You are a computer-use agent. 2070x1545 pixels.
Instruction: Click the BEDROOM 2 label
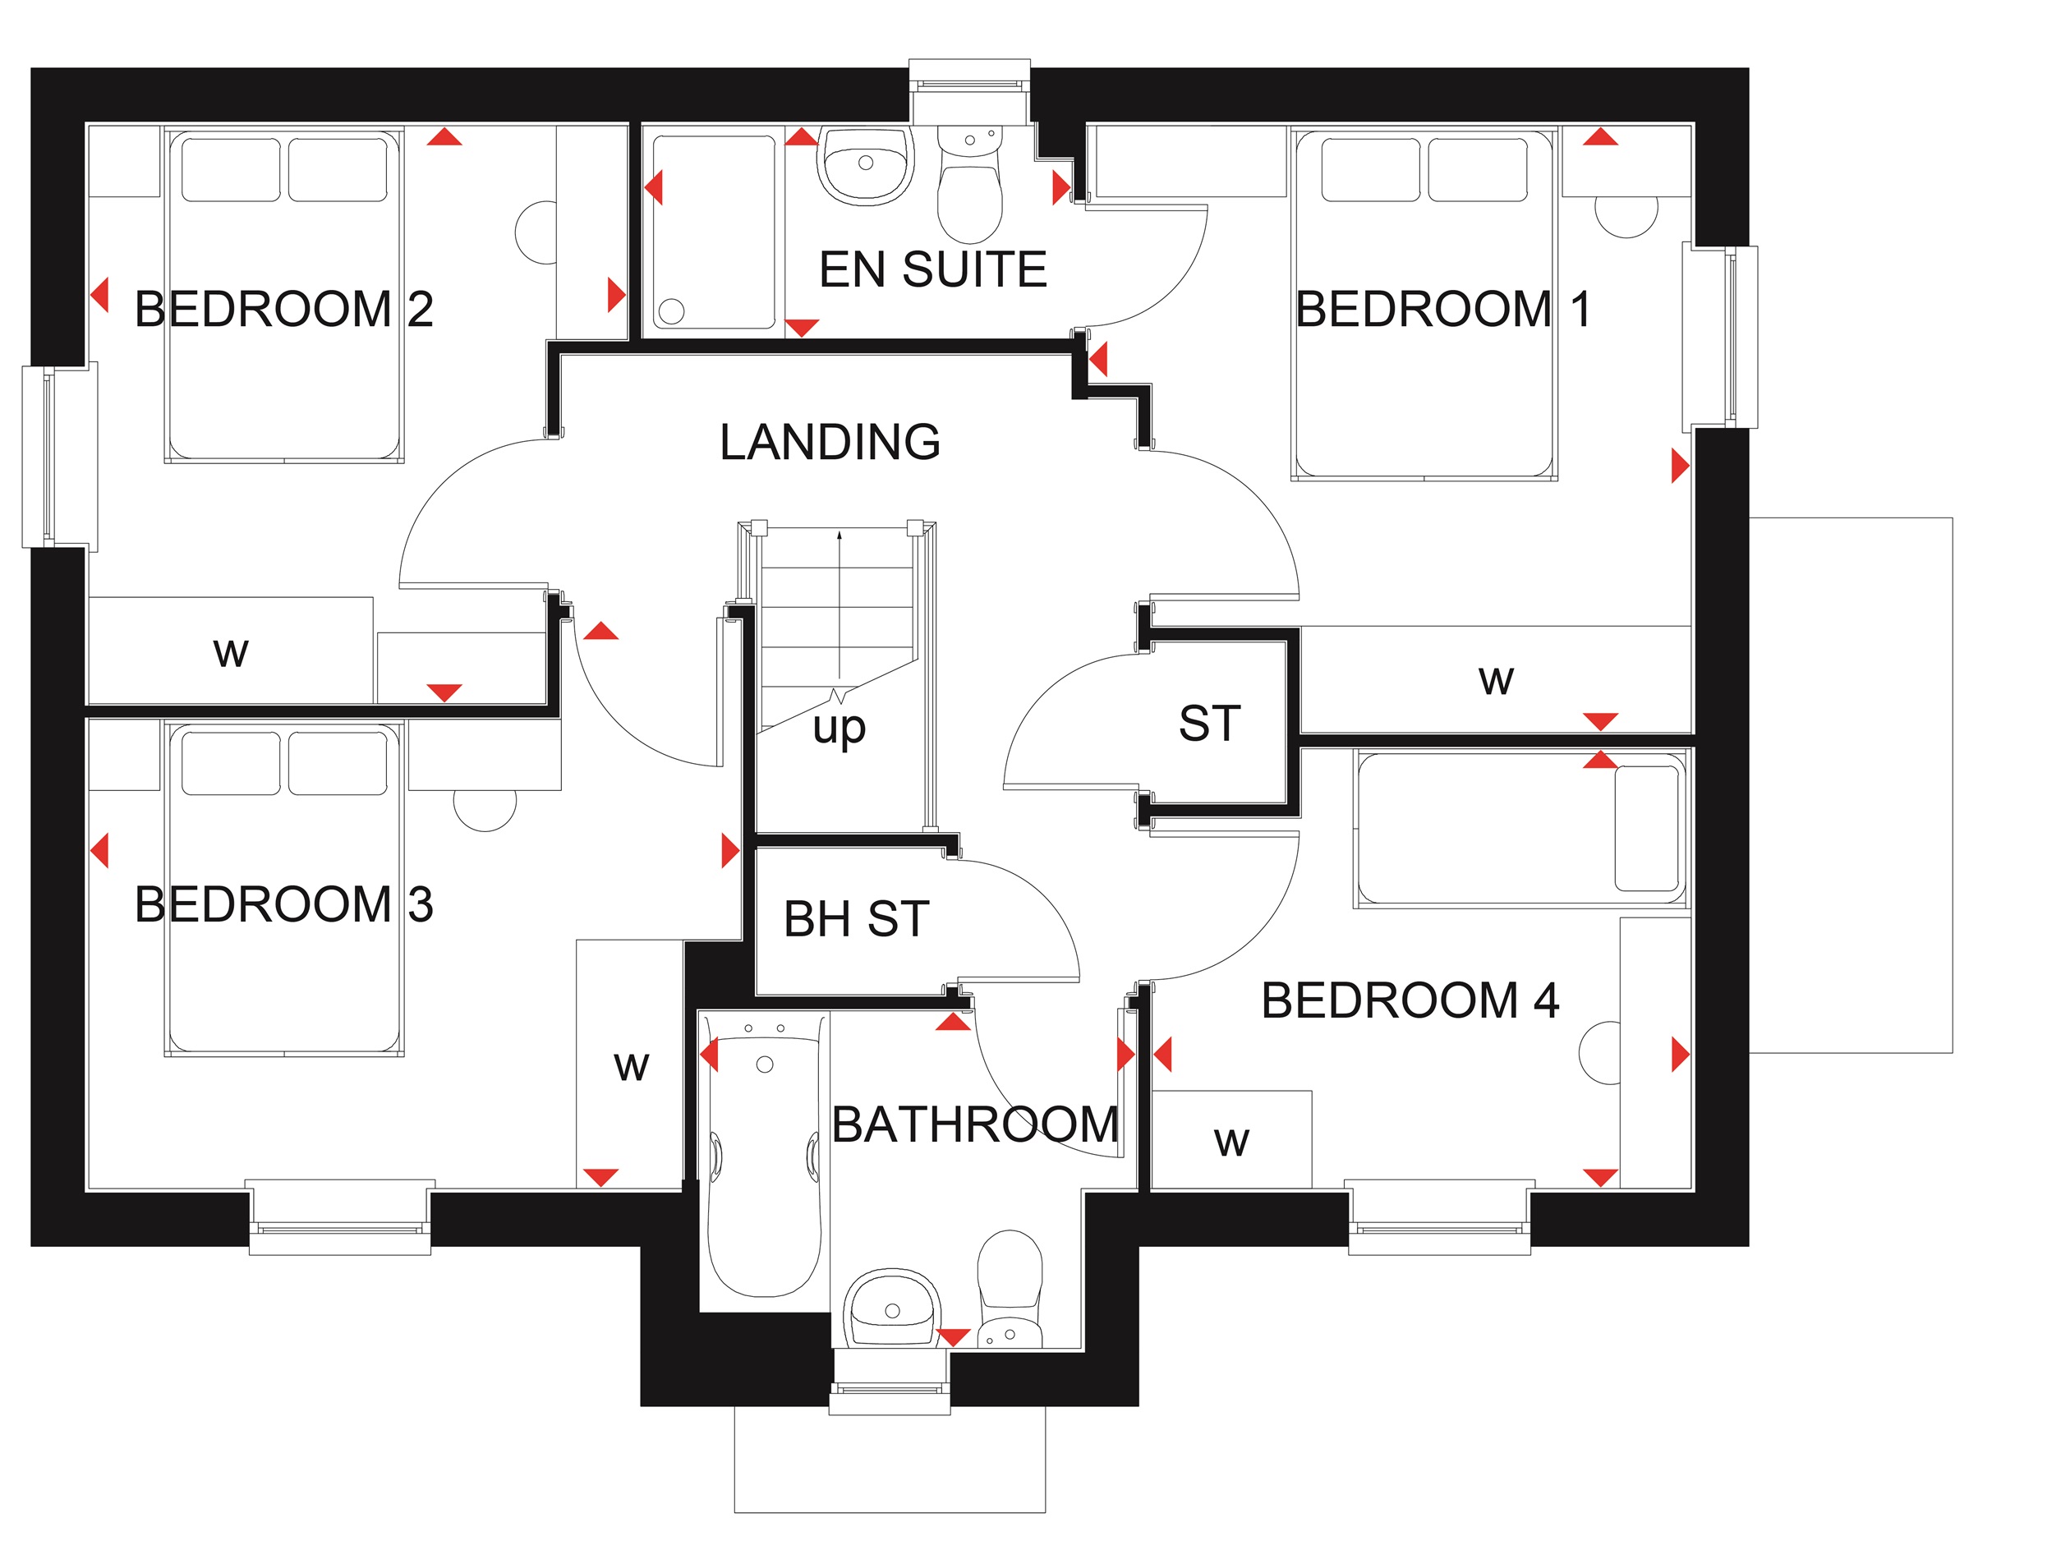tap(283, 309)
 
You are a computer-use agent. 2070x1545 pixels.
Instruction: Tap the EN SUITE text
tap(932, 269)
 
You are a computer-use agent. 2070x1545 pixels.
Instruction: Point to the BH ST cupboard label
tap(856, 918)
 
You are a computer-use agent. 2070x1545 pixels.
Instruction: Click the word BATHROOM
tap(975, 1124)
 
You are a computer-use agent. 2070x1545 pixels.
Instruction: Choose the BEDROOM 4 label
tap(1410, 1000)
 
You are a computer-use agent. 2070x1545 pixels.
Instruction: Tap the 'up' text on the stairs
tap(839, 728)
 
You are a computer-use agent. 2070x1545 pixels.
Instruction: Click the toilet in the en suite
tap(970, 184)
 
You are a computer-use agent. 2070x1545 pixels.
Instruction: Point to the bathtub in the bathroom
tap(764, 1156)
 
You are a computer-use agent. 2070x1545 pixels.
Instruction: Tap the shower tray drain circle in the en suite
tap(672, 310)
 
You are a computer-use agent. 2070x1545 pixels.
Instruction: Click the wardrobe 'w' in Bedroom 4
tap(1231, 1141)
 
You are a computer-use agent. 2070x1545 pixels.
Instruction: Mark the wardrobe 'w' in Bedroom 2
tap(231, 652)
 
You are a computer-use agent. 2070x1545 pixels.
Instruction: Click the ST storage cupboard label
tap(1209, 723)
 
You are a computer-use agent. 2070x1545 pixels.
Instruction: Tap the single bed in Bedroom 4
tap(1520, 829)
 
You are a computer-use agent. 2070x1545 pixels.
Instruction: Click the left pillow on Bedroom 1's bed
tap(1370, 169)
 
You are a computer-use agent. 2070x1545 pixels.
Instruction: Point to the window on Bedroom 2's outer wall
tap(60, 456)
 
